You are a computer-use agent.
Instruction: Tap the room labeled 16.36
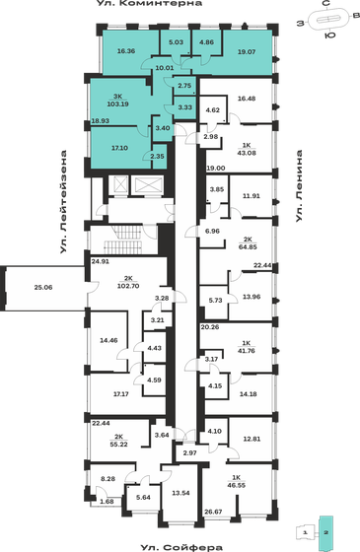click(125, 50)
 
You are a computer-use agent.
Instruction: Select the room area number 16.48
click(249, 99)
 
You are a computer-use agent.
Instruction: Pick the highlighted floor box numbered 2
click(334, 531)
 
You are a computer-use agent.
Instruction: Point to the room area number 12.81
click(252, 439)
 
